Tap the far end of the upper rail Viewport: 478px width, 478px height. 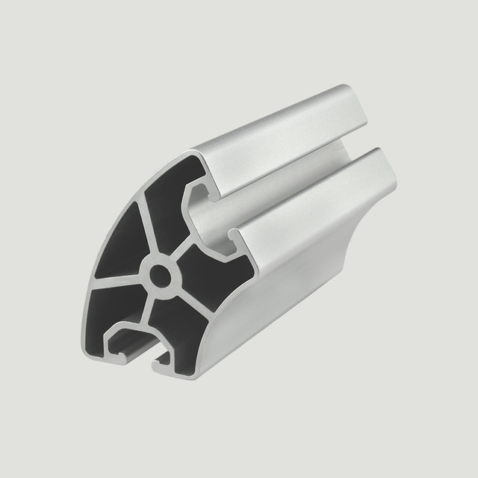click(351, 101)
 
